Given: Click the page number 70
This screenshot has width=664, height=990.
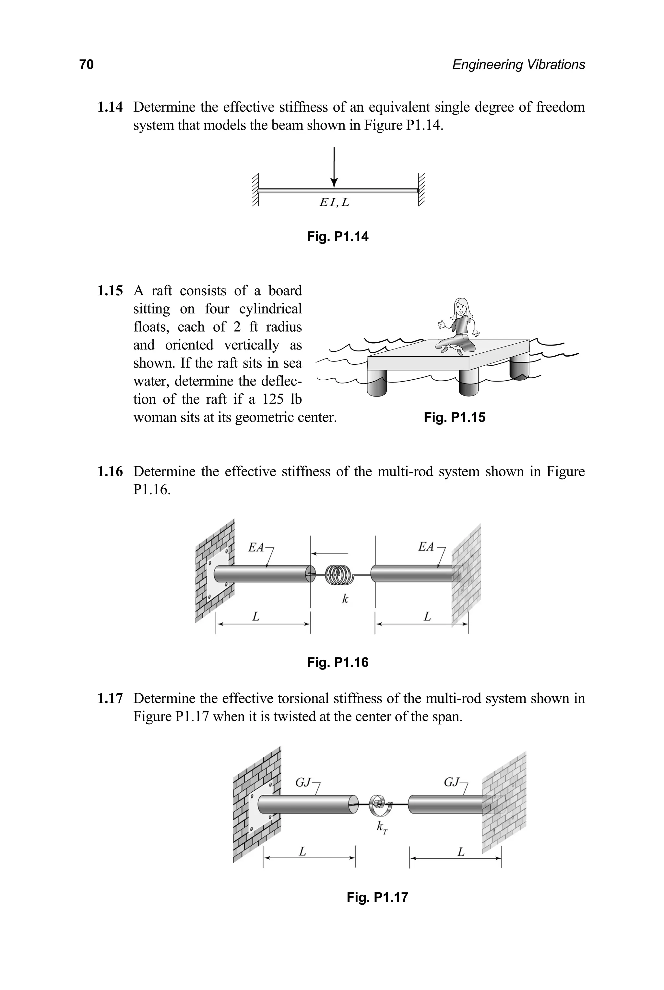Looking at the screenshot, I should pyautogui.click(x=86, y=65).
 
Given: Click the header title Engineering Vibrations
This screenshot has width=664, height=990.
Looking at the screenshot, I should pyautogui.click(x=518, y=65).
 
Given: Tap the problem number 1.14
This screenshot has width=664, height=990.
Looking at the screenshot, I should pyautogui.click(x=110, y=107).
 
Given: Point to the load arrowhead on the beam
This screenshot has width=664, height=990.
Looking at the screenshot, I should pyautogui.click(x=334, y=182).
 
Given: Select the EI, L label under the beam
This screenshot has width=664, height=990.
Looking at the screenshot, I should pyautogui.click(x=334, y=202).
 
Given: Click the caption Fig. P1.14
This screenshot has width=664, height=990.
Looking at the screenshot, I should pyautogui.click(x=338, y=237).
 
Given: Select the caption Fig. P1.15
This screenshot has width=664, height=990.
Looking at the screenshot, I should pyautogui.click(x=454, y=417).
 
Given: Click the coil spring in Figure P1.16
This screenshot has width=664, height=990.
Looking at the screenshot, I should pyautogui.click(x=341, y=575).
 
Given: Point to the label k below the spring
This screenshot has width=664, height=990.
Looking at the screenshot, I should pyautogui.click(x=345, y=599).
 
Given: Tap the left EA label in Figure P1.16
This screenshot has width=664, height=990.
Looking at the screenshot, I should pyautogui.click(x=256, y=547).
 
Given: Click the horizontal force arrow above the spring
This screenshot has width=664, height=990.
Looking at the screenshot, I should pyautogui.click(x=329, y=553).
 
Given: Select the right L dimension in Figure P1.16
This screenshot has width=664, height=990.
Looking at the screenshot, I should pyautogui.click(x=427, y=617).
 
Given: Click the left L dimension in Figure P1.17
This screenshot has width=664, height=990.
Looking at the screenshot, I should pyautogui.click(x=302, y=851).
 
